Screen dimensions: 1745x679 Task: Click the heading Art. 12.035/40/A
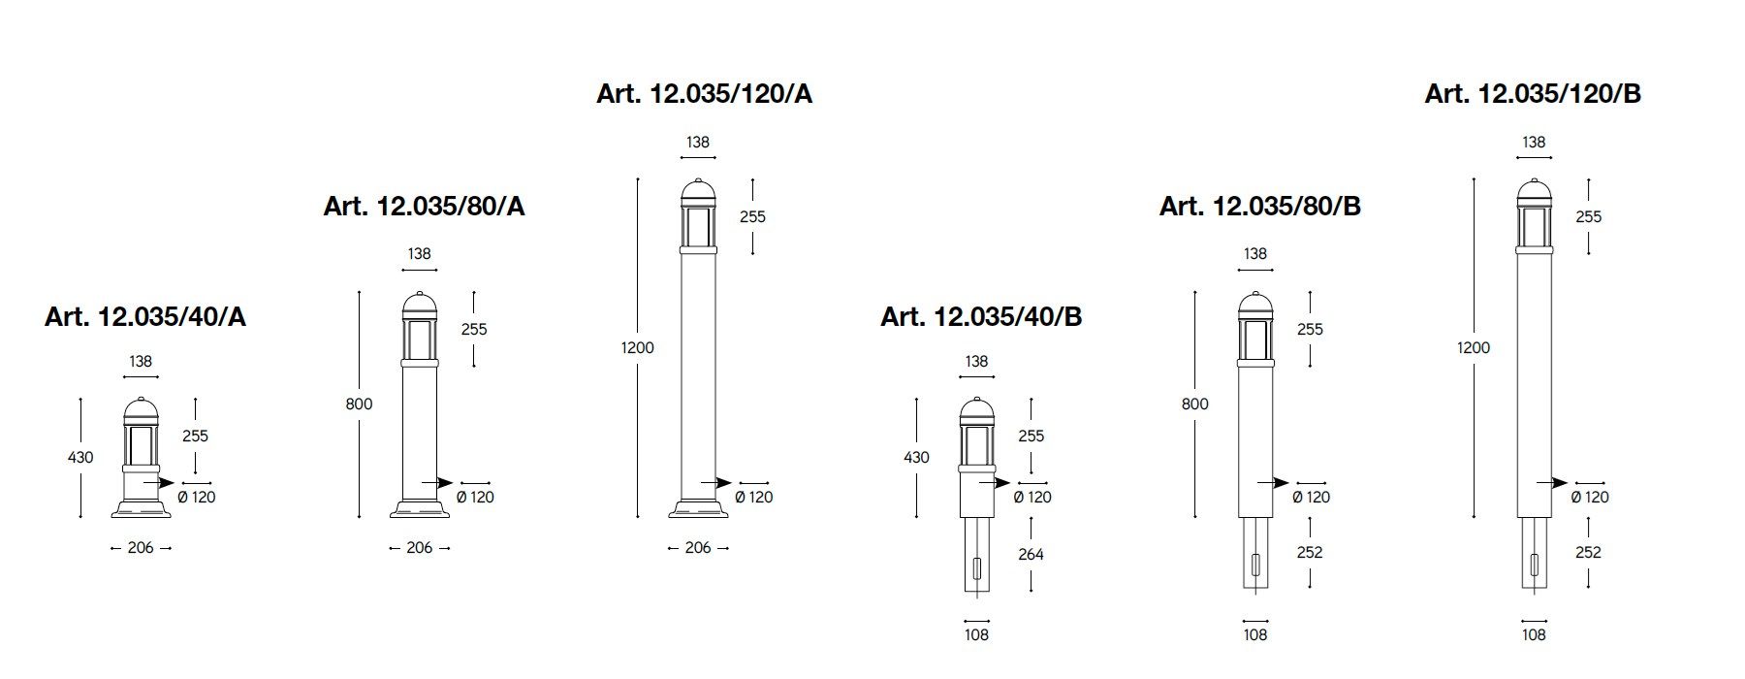pos(145,317)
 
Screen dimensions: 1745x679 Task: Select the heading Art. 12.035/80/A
pos(425,206)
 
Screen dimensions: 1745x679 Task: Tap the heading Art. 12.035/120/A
pos(705,93)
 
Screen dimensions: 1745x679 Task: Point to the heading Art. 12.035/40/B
pos(981,317)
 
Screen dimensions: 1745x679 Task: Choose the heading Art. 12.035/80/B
pos(1260,206)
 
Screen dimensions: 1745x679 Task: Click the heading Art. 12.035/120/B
pos(1533,93)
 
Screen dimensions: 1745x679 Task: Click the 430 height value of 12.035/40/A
pos(81,457)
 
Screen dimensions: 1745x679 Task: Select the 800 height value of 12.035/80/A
pos(359,404)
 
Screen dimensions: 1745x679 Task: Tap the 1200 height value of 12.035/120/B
pos(1474,347)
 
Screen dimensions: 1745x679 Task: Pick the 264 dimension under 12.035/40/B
pos(1031,554)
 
